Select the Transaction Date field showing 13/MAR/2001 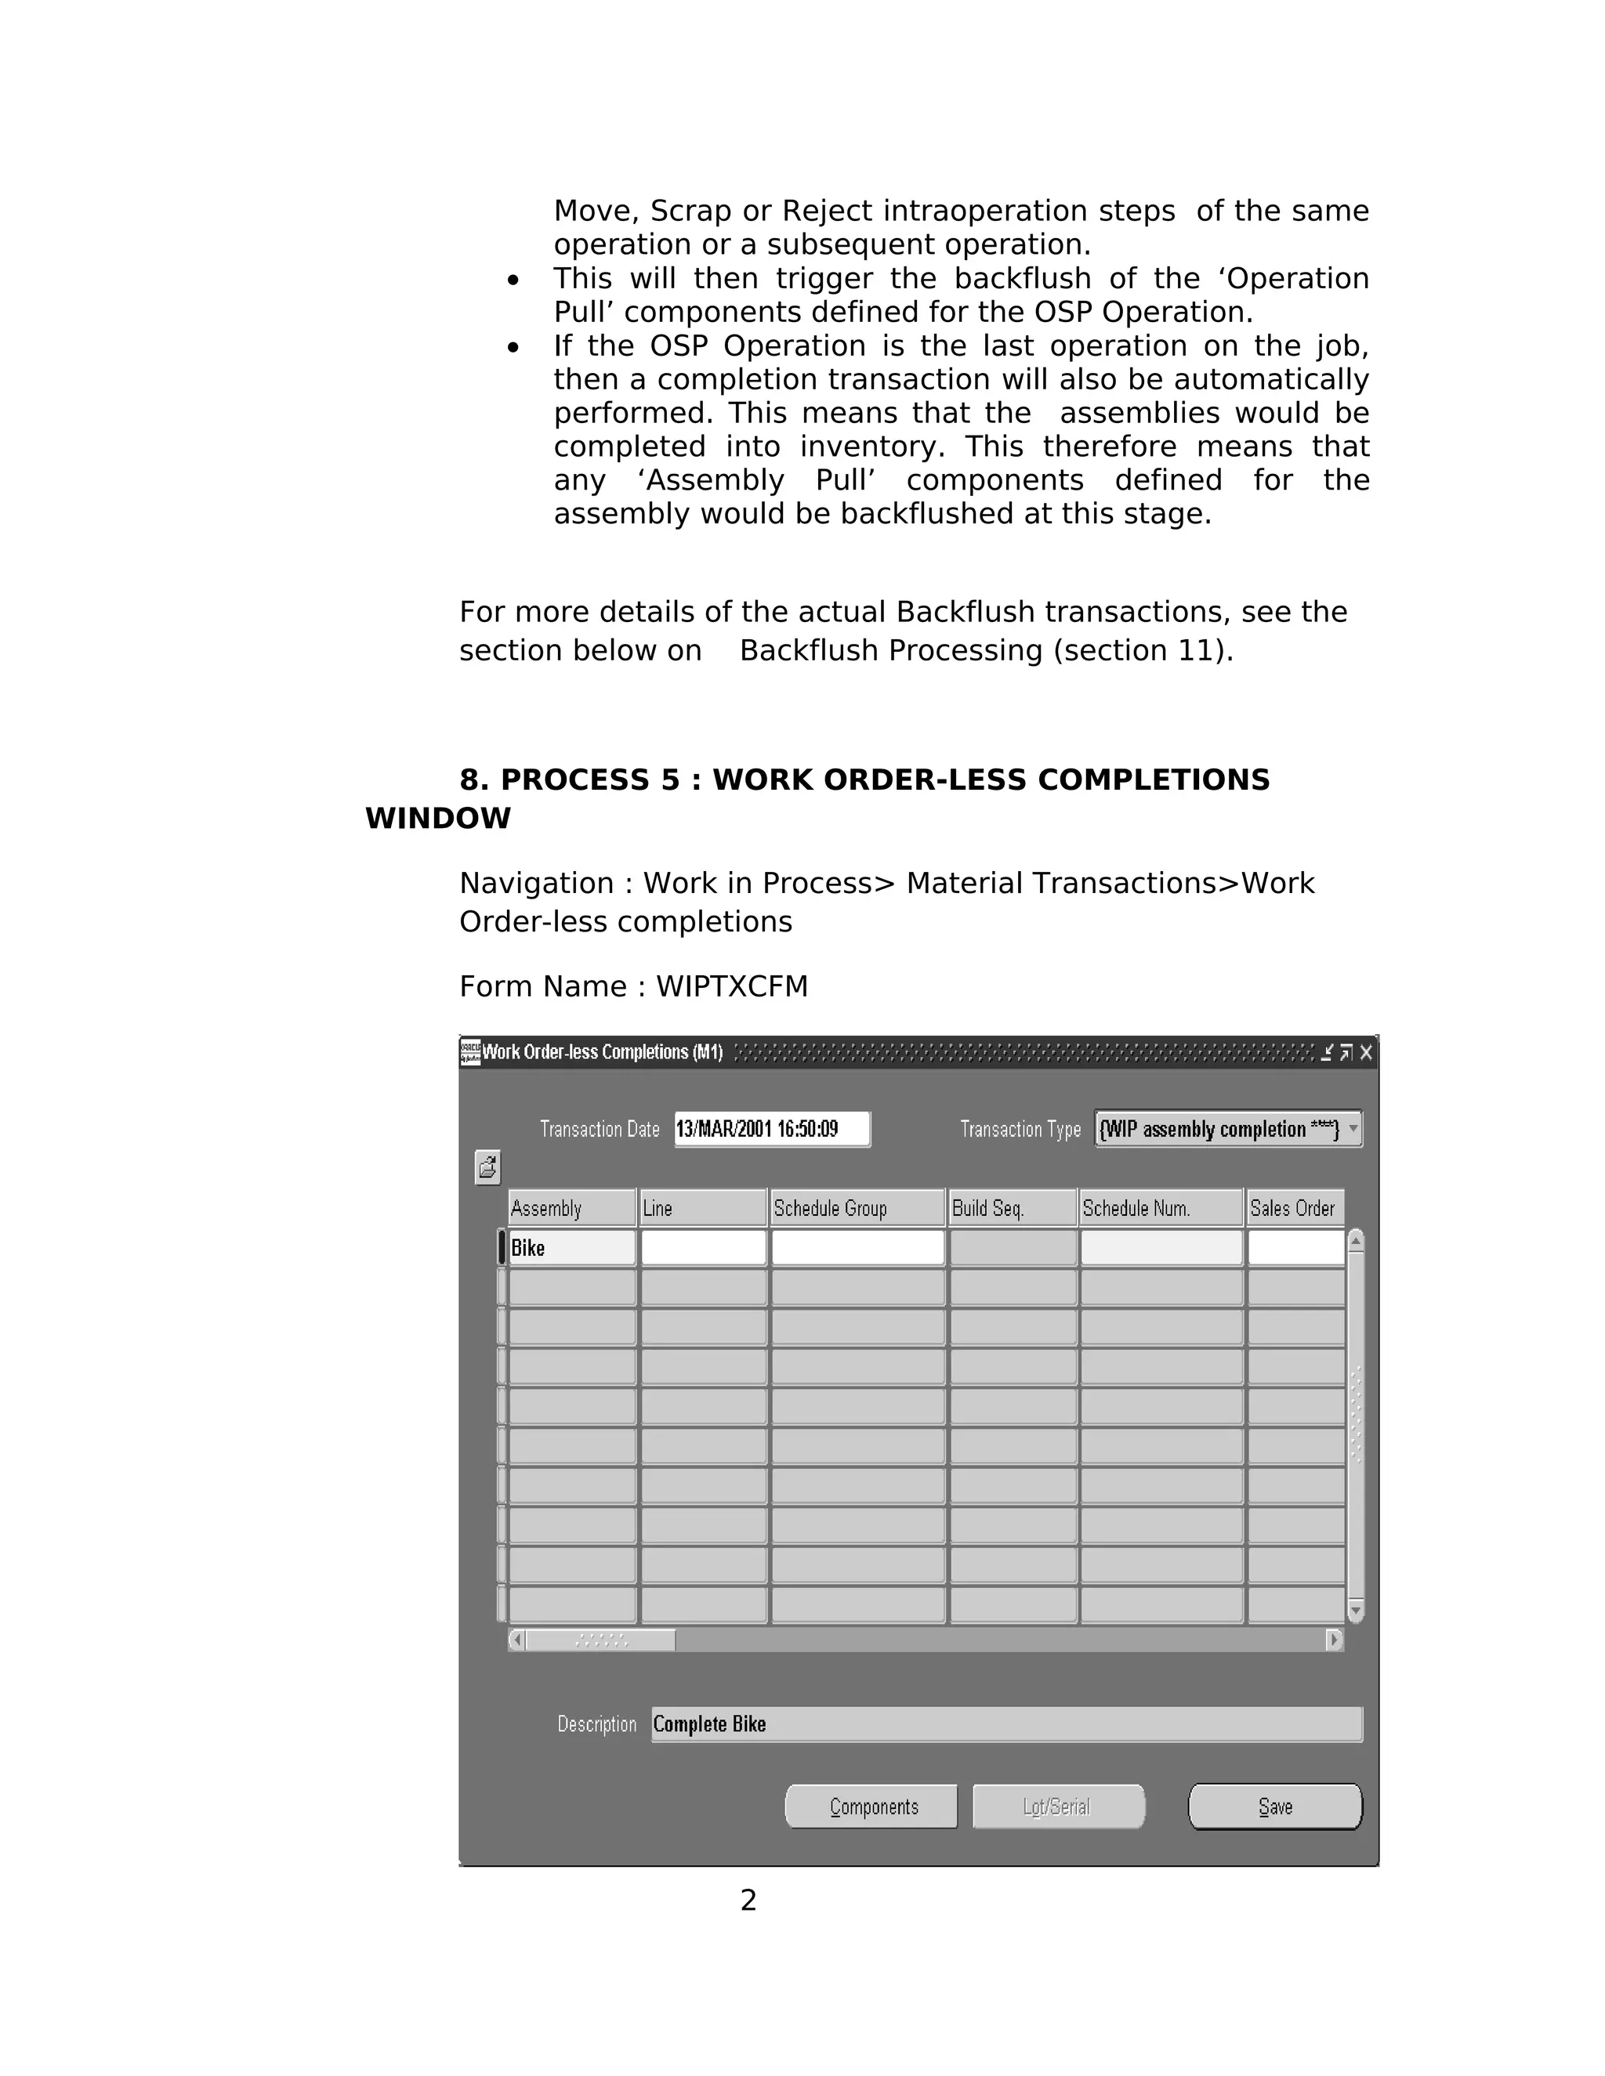[771, 1129]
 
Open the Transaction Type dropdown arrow [1353, 1129]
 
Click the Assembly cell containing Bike [571, 1248]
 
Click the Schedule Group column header [857, 1208]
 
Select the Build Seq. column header [1012, 1208]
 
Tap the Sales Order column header [1294, 1208]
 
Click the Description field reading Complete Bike [1006, 1724]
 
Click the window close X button [1366, 1052]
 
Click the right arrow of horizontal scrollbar [1334, 1640]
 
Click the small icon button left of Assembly [487, 1167]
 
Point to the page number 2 [748, 1901]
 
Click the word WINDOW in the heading [438, 819]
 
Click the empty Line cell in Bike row [703, 1248]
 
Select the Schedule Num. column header [1160, 1208]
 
